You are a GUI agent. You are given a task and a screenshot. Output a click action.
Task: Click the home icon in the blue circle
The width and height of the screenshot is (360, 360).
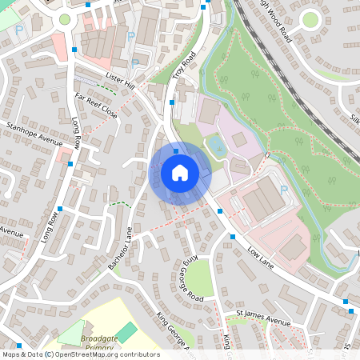[180, 173]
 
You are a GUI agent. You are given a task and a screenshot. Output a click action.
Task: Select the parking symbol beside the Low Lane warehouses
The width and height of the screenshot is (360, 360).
[283, 190]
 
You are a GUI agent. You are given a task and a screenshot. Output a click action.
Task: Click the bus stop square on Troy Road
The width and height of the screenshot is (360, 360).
[172, 102]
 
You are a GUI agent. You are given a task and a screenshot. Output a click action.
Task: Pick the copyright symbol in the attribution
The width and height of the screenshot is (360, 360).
[49, 354]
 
